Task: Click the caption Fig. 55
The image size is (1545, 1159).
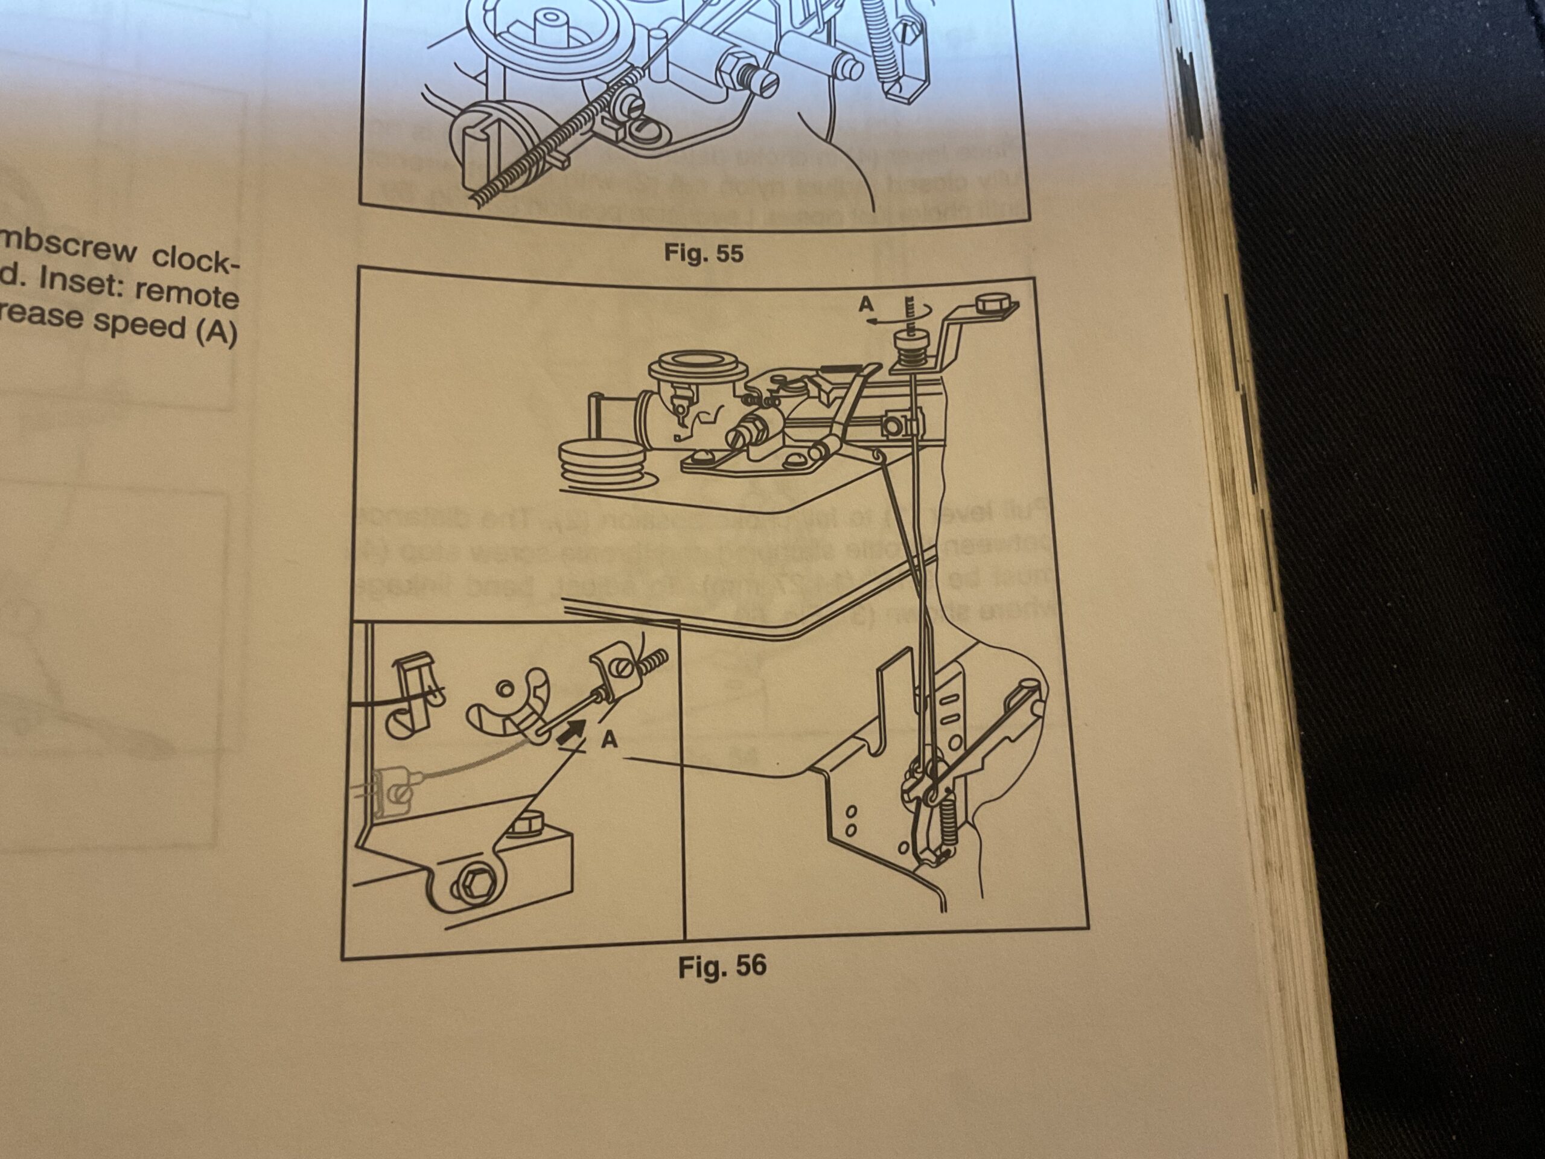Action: click(703, 252)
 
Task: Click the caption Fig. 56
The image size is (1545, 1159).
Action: click(722, 967)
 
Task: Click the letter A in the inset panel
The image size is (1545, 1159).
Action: click(609, 739)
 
